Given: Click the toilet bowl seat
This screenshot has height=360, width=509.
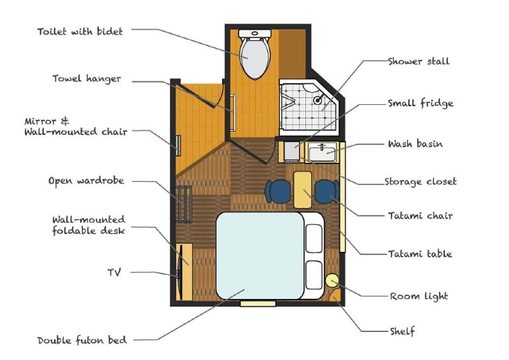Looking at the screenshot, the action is tap(255, 58).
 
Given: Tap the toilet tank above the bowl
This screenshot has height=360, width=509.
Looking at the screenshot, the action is tap(255, 33).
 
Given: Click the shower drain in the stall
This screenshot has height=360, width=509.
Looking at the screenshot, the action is tap(317, 100).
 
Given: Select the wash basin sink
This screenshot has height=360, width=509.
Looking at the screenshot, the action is tap(322, 153).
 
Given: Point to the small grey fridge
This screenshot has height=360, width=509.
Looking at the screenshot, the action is tap(292, 151).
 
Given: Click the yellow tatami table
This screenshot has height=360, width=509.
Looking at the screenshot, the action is tap(303, 190).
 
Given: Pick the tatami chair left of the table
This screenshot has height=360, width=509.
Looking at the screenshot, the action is tap(278, 191).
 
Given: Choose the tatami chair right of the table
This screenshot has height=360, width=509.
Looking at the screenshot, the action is tap(327, 191).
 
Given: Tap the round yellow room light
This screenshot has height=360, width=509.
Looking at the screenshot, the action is tap(331, 280).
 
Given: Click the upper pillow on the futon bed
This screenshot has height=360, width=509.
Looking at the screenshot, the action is tap(314, 239).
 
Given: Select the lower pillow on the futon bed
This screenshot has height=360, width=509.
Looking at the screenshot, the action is tap(314, 275).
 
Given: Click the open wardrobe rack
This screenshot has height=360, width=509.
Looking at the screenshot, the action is tap(184, 204).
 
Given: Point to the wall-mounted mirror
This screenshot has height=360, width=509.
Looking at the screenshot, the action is tap(178, 145).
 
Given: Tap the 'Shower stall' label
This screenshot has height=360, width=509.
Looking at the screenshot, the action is tap(419, 61).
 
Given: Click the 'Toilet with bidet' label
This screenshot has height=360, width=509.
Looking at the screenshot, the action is tap(80, 32).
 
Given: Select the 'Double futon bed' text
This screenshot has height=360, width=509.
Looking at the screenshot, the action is tap(82, 340).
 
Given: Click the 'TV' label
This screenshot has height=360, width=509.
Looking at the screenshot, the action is tap(115, 272).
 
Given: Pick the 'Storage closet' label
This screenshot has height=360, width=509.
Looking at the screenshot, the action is tap(421, 182).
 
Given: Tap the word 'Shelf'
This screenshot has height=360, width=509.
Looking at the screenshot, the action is tap(403, 331).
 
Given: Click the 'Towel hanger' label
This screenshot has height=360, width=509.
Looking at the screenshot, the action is tap(87, 79).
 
